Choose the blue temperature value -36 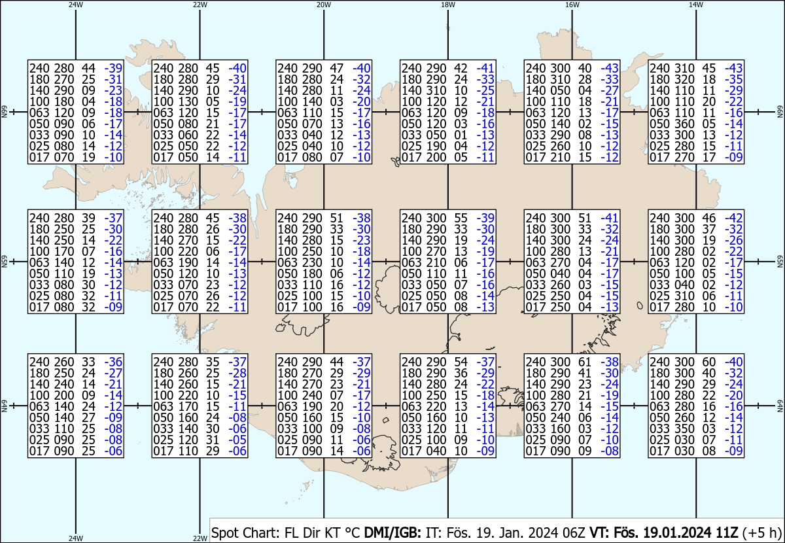tap(113, 362)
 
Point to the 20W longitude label tap(323, 5)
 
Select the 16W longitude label tap(572, 5)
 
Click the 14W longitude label tap(696, 5)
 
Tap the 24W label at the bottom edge tap(76, 538)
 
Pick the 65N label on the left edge tap(5, 262)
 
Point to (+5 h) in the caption tap(762, 531)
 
